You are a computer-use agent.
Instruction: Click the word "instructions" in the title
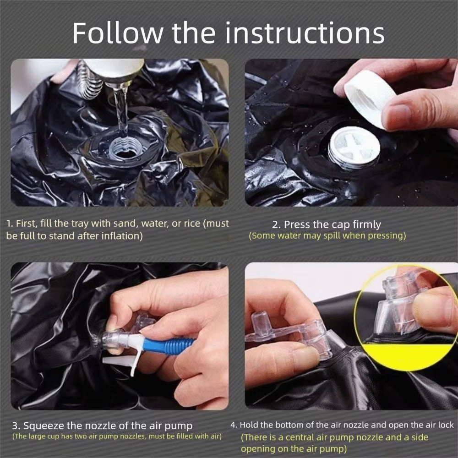click(x=305, y=33)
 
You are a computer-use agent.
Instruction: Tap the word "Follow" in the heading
click(x=117, y=33)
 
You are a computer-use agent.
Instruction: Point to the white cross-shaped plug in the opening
click(x=354, y=147)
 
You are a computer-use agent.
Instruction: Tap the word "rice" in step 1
click(x=192, y=224)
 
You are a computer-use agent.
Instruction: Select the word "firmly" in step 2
click(x=366, y=224)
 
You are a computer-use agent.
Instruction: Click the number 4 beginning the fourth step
click(x=233, y=425)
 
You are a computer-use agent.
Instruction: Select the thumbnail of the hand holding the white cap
click(x=351, y=133)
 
